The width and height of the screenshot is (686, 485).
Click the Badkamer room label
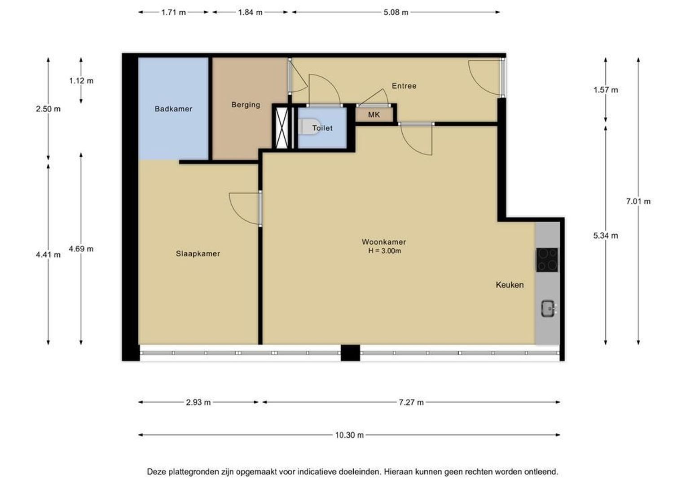coord(173,109)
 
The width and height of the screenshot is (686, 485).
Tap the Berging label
coord(246,105)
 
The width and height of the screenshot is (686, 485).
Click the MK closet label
coord(374,115)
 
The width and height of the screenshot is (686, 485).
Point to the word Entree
coord(404,86)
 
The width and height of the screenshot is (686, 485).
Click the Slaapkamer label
coord(198,254)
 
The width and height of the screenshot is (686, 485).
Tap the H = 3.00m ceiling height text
coord(384,251)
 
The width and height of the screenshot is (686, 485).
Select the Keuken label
coord(510,285)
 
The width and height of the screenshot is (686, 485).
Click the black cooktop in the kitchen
coord(547,260)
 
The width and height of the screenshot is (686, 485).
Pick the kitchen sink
coord(548,308)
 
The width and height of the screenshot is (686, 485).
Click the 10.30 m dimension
coord(349,435)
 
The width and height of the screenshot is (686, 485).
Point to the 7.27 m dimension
coord(411,402)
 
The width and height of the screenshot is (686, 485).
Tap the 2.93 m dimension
coord(198,402)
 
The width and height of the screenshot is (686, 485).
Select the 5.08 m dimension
coord(396,13)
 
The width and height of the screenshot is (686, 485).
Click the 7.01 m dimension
coord(638,201)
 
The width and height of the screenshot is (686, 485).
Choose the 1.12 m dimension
coord(81,80)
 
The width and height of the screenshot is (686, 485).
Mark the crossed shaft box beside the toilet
coord(282,128)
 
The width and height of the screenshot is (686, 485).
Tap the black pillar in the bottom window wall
coord(350,353)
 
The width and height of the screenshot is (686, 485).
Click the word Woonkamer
coord(384,242)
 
